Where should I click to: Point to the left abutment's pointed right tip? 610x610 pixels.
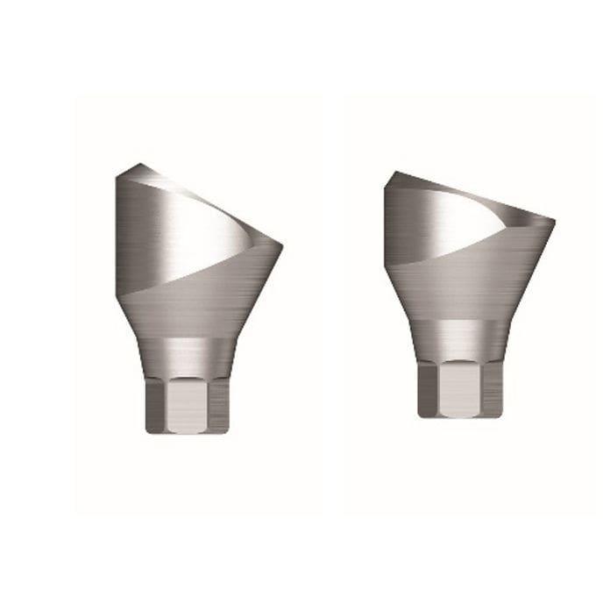pyautogui.click(x=281, y=244)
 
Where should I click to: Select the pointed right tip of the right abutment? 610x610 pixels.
pyautogui.click(x=554, y=219)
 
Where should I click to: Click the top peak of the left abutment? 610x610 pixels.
pyautogui.click(x=140, y=165)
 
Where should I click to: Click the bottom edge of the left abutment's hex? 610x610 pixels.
pyautogui.click(x=187, y=432)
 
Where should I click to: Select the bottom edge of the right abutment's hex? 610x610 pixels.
pyautogui.click(x=459, y=416)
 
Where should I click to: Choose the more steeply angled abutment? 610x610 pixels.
pyautogui.click(x=196, y=298)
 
